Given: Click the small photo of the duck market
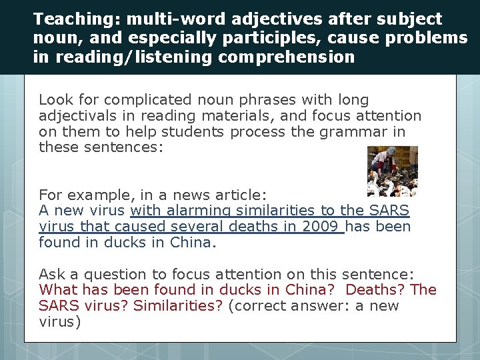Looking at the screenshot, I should coord(393,171).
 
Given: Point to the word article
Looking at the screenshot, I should coord(240,195).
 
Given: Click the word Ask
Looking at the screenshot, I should coord(52,275).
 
